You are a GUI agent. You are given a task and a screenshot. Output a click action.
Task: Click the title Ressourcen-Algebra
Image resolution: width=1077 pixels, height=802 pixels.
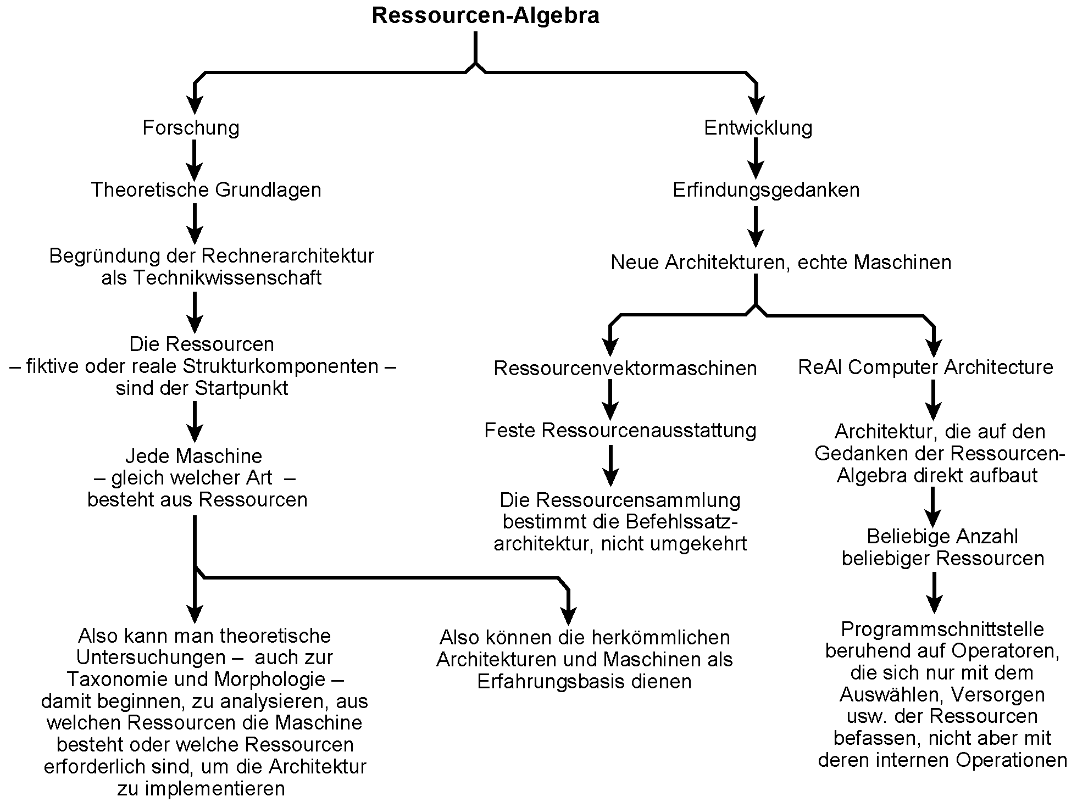coord(485,15)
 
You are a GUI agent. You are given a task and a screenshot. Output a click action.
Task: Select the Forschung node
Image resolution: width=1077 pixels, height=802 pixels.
coord(191,128)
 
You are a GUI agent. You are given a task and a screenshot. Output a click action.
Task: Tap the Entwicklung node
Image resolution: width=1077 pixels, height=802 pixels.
coord(758,128)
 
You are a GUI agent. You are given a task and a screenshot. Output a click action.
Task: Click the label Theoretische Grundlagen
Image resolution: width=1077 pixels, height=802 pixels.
coord(206,190)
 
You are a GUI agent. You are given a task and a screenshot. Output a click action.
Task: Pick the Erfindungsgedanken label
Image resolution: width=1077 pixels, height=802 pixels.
coord(766,190)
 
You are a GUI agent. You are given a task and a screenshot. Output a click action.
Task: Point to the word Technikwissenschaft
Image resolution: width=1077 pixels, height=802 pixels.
coord(227,278)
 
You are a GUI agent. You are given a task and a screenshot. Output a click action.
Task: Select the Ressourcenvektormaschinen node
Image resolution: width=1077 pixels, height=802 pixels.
coord(625,368)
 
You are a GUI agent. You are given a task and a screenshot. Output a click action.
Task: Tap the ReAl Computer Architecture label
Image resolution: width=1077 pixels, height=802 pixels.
coord(925,367)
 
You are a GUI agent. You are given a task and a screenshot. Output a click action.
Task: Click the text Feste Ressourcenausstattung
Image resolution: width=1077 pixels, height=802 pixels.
coord(620,430)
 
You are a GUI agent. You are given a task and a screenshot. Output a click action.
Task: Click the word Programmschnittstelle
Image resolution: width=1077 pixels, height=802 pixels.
coord(942,629)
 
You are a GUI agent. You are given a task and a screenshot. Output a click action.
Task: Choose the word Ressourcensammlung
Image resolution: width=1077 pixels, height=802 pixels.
coord(639,500)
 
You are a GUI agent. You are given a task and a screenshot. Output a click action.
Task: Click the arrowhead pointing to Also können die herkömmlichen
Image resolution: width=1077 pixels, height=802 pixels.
coord(568,615)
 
